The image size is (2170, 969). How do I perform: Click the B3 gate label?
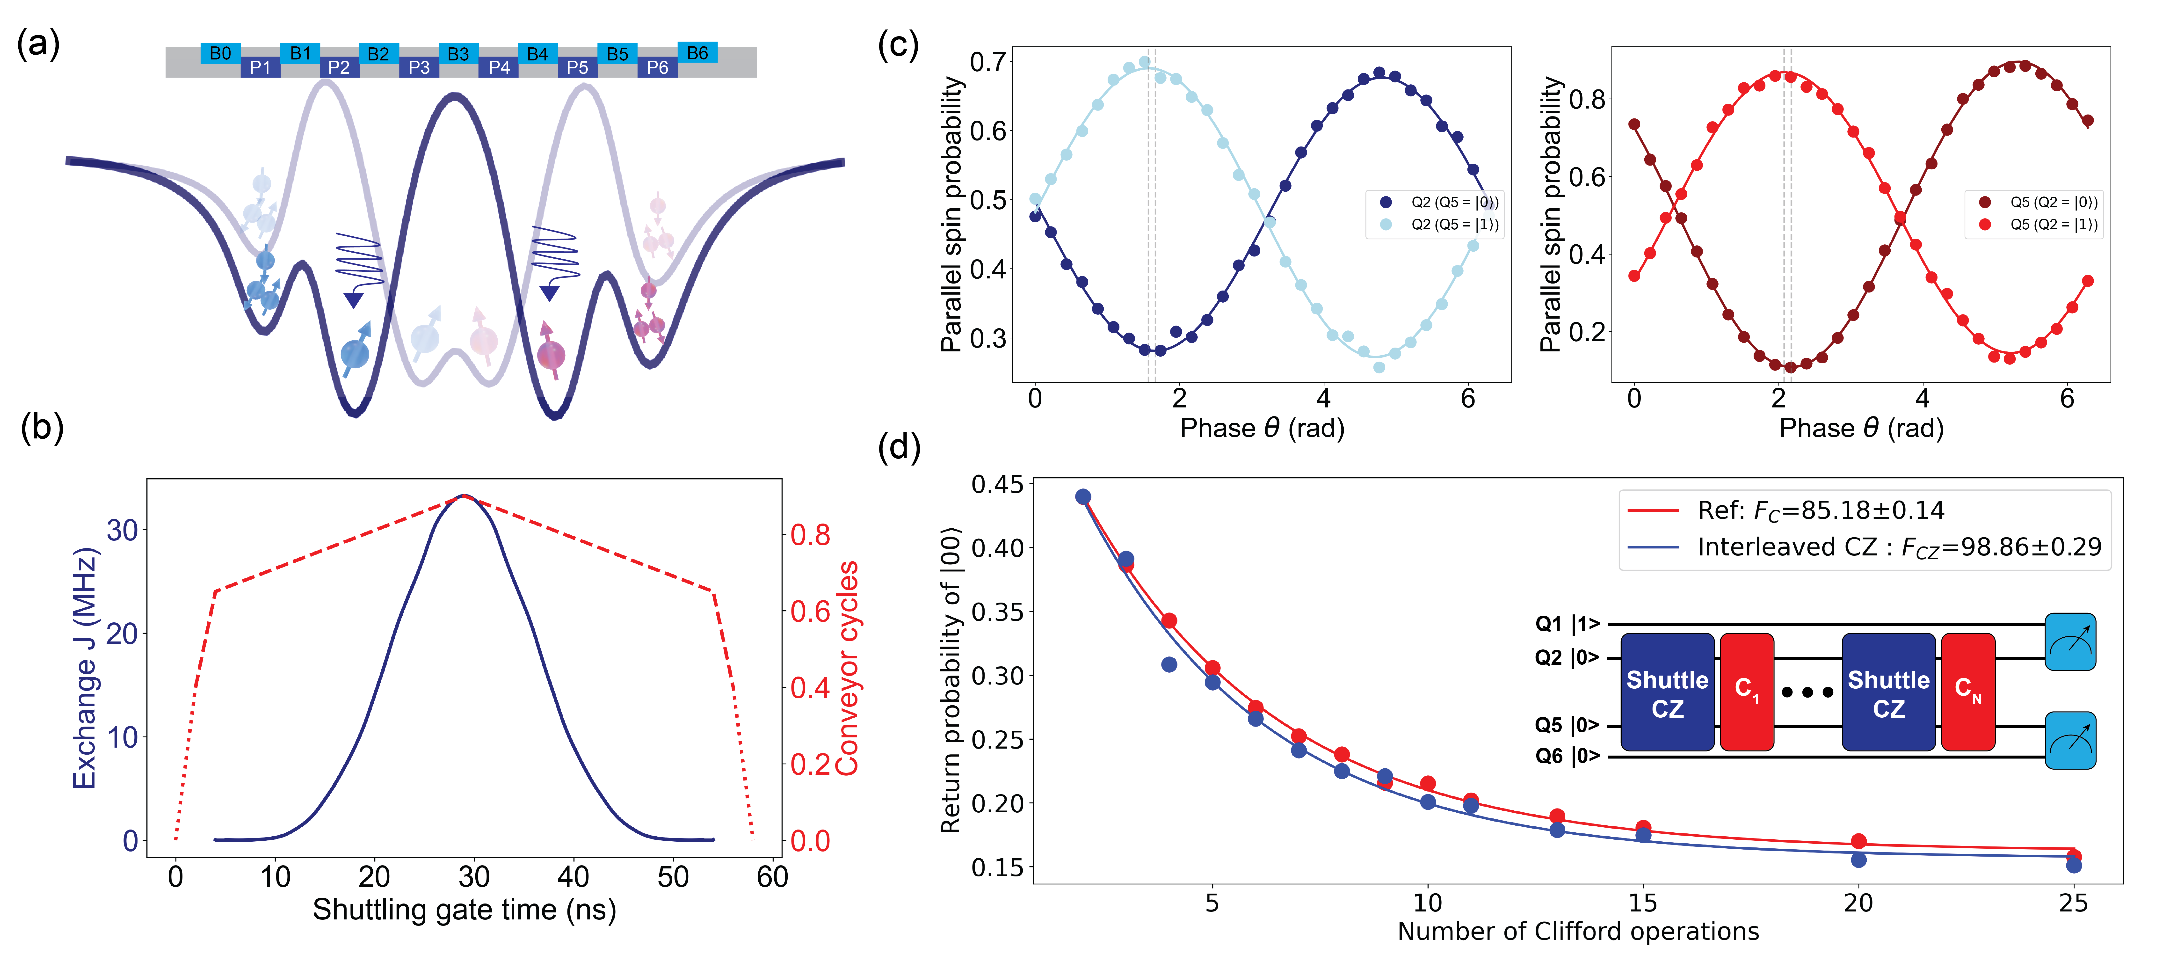pyautogui.click(x=458, y=54)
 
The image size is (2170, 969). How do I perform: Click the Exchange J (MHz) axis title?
pyautogui.click(x=85, y=667)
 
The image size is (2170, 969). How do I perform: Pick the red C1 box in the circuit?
pyautogui.click(x=1746, y=691)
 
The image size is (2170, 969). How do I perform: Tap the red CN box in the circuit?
pyautogui.click(x=1968, y=691)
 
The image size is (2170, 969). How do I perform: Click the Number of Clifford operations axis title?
pyautogui.click(x=1578, y=931)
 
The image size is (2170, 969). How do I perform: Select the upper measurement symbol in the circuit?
pyautogui.click(x=2070, y=642)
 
